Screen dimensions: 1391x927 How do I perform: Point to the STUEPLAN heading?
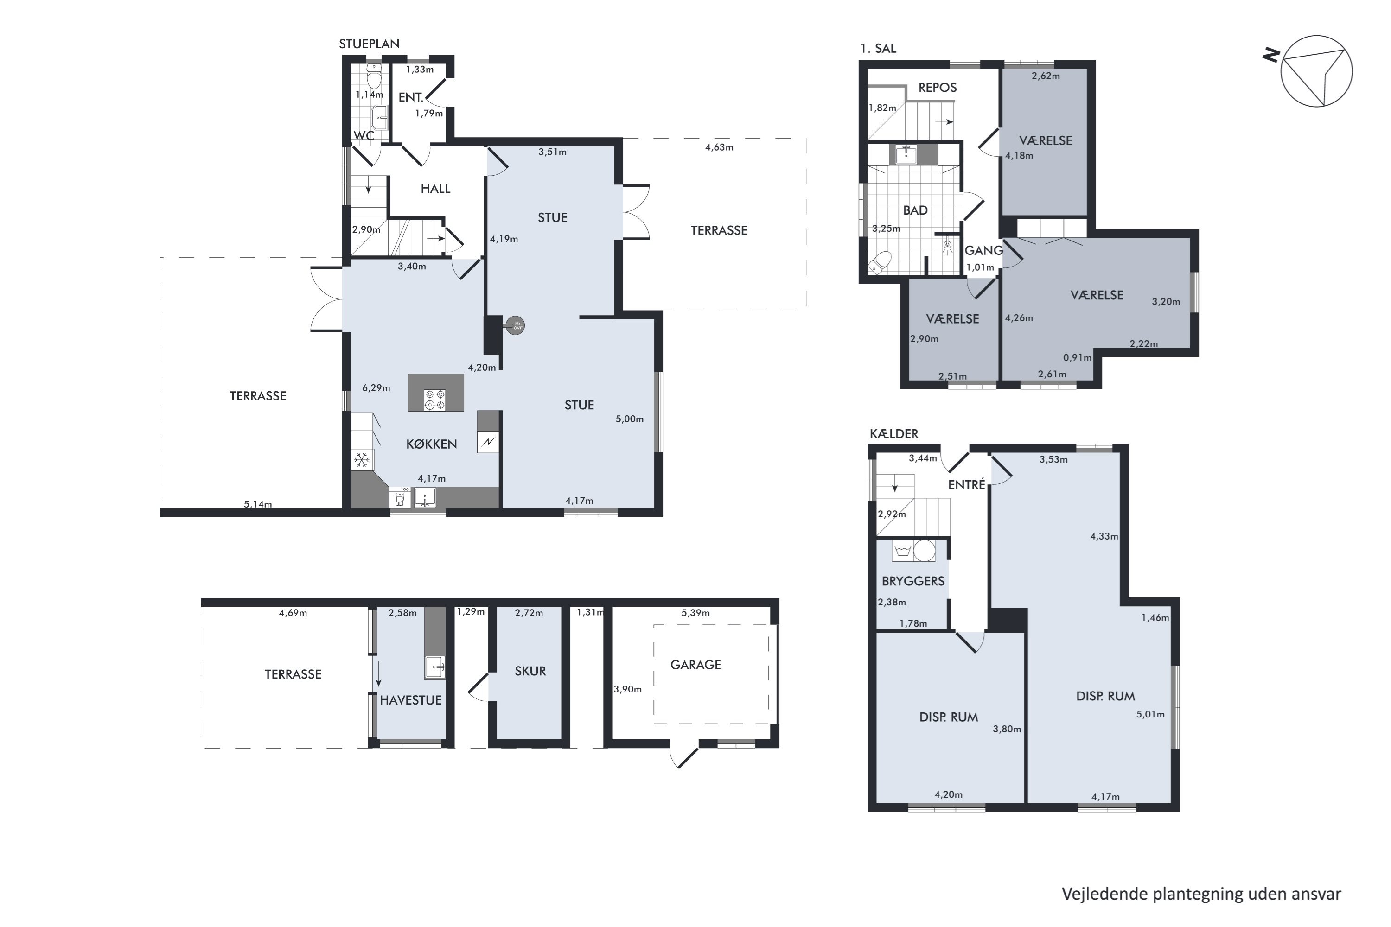click(x=369, y=44)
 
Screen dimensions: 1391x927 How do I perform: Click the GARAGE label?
click(x=695, y=665)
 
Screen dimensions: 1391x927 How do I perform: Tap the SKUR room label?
click(x=530, y=671)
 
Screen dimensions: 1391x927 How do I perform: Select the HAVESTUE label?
click(x=410, y=700)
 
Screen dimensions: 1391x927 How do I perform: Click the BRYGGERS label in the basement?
click(x=912, y=581)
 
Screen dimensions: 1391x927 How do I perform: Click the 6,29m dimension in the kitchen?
click(x=376, y=388)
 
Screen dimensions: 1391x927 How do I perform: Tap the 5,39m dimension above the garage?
click(x=695, y=612)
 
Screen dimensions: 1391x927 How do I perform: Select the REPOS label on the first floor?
click(x=938, y=88)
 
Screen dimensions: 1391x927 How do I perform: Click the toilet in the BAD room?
click(x=880, y=261)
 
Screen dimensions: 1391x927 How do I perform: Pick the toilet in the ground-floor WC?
click(x=374, y=77)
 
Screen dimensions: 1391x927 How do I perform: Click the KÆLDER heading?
click(x=893, y=434)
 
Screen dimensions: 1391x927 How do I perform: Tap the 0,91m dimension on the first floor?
click(x=1077, y=358)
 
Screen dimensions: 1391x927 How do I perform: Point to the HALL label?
click(x=435, y=189)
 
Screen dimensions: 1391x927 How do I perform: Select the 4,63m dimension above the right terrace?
click(x=719, y=147)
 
